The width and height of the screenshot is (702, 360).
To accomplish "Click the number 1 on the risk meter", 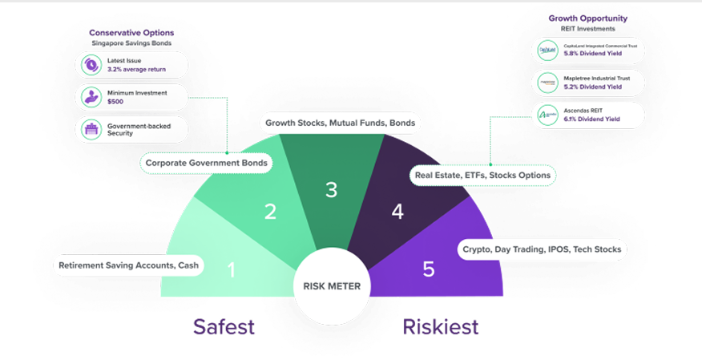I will click(232, 271).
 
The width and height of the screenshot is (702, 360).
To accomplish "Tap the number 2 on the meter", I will click(271, 212).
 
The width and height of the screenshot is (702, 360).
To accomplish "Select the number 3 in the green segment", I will click(331, 190).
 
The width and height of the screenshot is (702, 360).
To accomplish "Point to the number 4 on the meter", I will click(397, 212).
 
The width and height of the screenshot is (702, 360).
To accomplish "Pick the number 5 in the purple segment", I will click(429, 269).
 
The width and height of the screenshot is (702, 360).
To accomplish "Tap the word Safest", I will click(224, 327).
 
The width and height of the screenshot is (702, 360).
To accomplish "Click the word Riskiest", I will click(440, 327).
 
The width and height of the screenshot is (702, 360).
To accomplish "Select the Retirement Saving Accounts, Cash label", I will click(128, 265).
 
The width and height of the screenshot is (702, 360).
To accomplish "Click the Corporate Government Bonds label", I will click(206, 163).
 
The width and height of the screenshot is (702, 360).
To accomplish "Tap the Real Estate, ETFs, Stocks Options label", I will click(482, 174).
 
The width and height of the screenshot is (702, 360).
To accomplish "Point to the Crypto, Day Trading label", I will click(542, 249).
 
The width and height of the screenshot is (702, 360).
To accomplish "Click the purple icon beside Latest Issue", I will click(89, 65).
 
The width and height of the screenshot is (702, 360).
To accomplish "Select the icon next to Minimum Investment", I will click(89, 97).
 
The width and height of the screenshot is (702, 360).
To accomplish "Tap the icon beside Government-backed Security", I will click(89, 129).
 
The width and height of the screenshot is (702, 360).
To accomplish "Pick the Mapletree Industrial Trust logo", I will click(547, 83).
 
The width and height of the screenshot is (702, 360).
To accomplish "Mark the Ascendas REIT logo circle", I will click(547, 115).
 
